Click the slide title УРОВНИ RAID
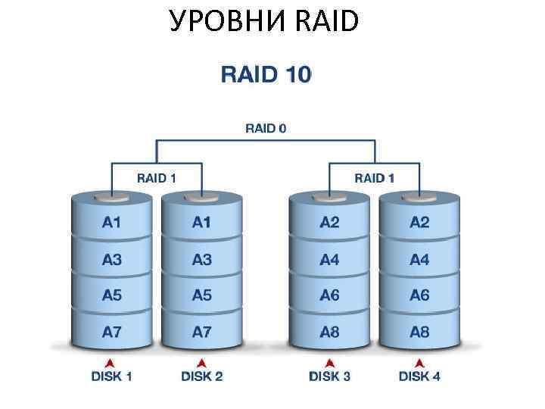pos(264,22)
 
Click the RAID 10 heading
pos(266,75)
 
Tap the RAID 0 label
pos(266,128)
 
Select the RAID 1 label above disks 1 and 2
pos(157,178)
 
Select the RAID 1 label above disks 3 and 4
pos(375,178)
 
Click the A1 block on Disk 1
pos(112,223)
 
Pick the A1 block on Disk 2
pos(202,223)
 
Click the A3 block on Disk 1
pos(112,260)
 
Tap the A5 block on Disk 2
pos(202,295)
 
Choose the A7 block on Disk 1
pos(112,332)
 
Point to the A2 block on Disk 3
pos(330,223)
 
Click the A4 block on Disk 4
pos(419,260)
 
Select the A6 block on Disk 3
pos(330,295)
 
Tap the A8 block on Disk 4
pos(419,332)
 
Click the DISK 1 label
pos(112,376)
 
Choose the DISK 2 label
pos(202,376)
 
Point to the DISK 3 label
pos(330,376)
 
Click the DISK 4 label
pos(419,376)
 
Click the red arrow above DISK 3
pos(330,362)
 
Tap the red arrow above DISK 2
pos(202,362)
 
